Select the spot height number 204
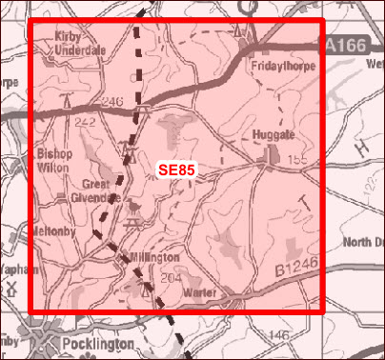(x=172, y=278)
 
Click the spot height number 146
(x=277, y=335)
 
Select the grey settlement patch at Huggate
(x=273, y=152)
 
